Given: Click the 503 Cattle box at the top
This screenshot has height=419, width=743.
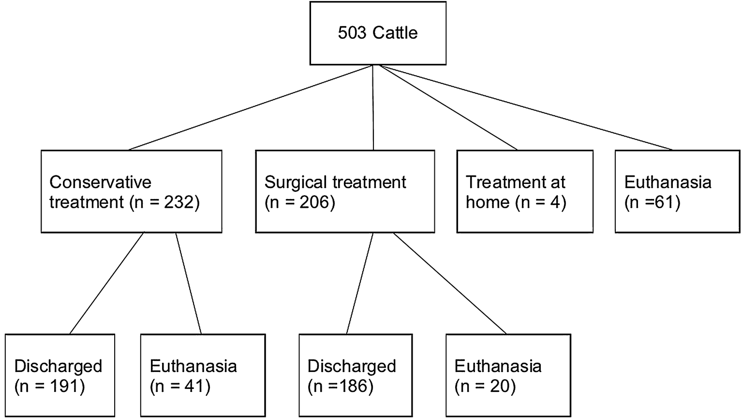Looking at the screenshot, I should coord(377,33).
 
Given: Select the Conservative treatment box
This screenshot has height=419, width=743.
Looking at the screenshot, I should coord(131,191).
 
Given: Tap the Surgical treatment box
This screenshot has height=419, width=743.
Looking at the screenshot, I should coord(344,191).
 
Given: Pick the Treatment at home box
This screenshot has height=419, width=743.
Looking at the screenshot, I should coord(524,191).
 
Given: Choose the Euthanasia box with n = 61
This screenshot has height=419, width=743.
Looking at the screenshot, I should coord(677,191).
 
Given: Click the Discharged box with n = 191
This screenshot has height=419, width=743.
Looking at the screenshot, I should coord(59,375).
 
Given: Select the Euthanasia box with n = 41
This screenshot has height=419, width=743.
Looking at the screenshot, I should coord(203,375).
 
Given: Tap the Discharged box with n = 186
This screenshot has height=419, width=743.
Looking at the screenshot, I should coord(355,375).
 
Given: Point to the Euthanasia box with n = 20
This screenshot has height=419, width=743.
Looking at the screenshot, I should coord(508,375).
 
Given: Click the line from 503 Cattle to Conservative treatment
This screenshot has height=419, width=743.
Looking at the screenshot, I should coord(251,108).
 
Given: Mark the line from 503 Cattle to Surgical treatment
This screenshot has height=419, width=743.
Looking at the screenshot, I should coord(373,108).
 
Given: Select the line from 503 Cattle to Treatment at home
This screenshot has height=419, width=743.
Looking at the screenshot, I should coord(449,108).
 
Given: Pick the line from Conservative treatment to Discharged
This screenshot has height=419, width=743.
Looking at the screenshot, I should coord(107,283).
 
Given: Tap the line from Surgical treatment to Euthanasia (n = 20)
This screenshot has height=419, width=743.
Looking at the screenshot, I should coord(450,283).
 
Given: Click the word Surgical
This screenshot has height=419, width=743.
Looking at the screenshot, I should coord(295,182).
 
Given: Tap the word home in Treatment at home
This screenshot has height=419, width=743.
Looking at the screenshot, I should coord(488,202).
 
